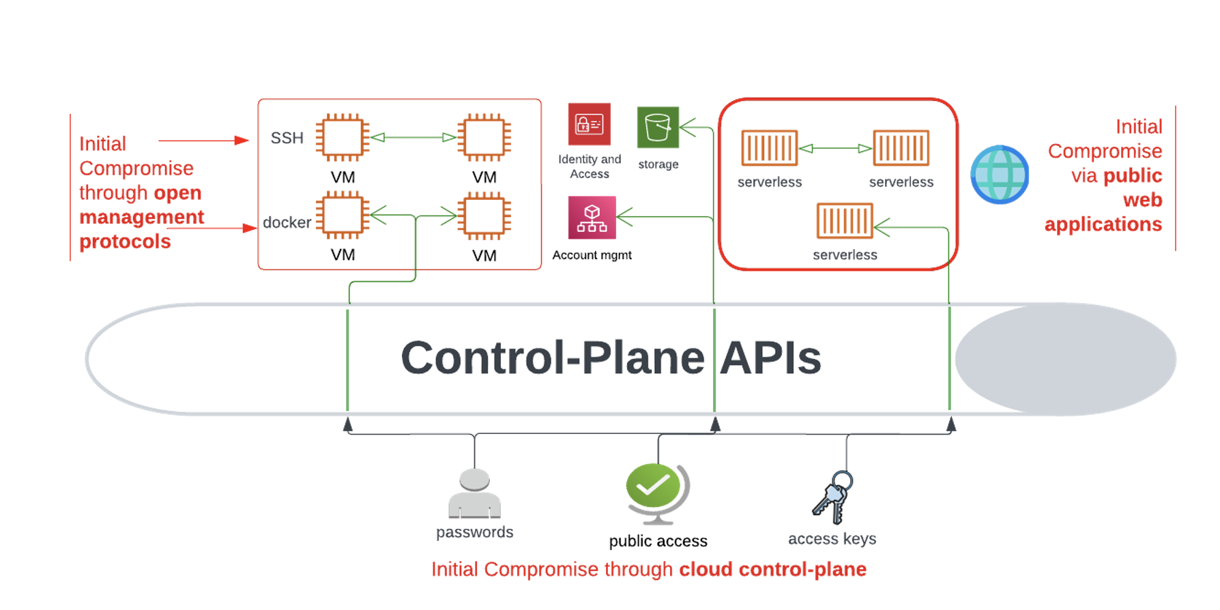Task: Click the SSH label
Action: (x=287, y=138)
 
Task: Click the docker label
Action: (x=287, y=222)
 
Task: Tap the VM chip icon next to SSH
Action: (x=343, y=137)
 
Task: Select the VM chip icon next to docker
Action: (x=343, y=216)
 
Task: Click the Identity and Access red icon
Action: (x=590, y=124)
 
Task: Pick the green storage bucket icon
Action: (x=658, y=127)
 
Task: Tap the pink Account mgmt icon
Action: (x=592, y=218)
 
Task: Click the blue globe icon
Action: (x=1000, y=175)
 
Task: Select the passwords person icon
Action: (x=474, y=493)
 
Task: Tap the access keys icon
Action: (x=833, y=497)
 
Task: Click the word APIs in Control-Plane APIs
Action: (x=770, y=358)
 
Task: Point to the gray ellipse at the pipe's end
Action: (x=1065, y=359)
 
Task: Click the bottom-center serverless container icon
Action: (x=845, y=220)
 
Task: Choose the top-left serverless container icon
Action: (x=770, y=148)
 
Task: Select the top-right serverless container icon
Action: (x=901, y=148)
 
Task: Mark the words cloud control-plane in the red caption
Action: (x=772, y=569)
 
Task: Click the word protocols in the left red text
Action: (x=125, y=242)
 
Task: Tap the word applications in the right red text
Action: (x=1103, y=224)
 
